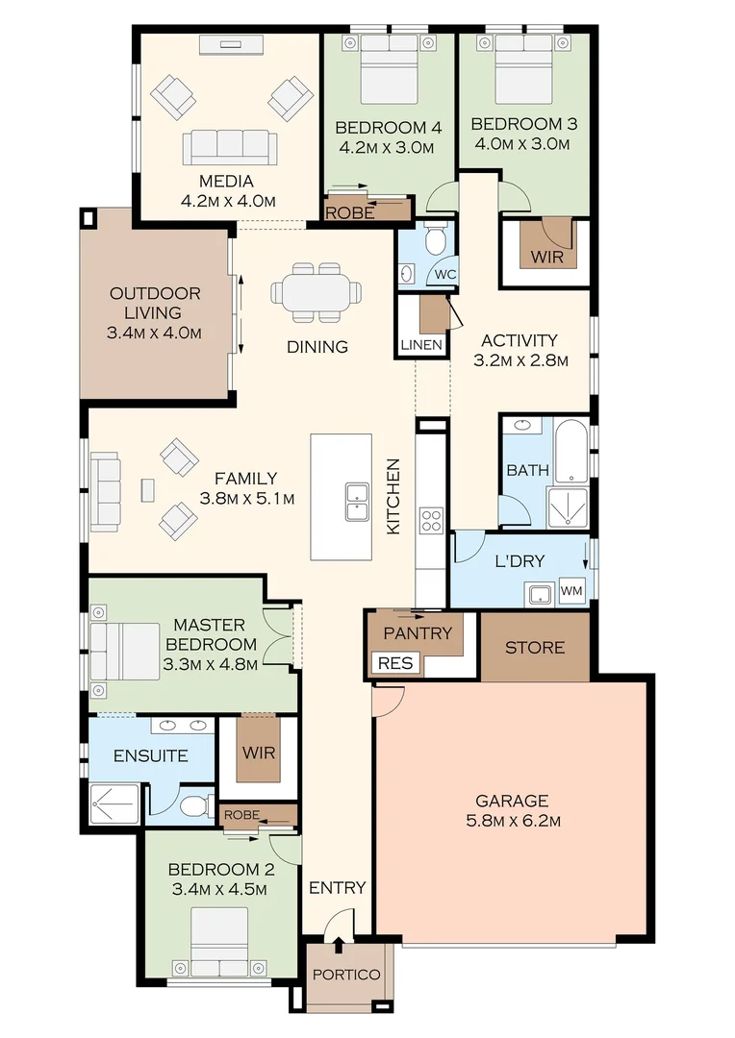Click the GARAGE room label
pos(512,801)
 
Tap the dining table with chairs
pos(317,291)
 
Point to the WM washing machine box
pos(570,590)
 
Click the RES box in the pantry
pos(394,663)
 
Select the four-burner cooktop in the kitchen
pos(431,520)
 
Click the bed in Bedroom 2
pos(219,940)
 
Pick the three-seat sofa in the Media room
pos(229,147)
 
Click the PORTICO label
pos(346,975)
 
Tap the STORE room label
pos(535,648)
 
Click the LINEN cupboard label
pos(421,344)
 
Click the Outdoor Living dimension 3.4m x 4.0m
pos(155,334)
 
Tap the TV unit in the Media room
pos(230,43)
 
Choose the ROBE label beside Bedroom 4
pos(350,213)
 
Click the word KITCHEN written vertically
pos(393,496)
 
